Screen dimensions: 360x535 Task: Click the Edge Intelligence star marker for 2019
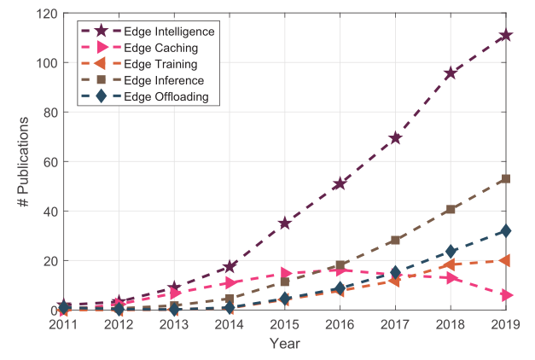[x=506, y=35]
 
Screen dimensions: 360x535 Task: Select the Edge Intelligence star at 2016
[x=340, y=183]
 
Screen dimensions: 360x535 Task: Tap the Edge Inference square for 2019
[x=506, y=179]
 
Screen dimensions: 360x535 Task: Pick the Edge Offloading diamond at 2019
[x=506, y=231]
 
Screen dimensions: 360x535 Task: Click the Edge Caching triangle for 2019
[x=506, y=295]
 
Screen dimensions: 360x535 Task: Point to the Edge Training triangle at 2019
[x=506, y=260]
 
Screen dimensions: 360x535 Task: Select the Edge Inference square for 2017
[x=395, y=241]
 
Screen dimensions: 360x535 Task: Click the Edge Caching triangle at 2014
[x=230, y=282]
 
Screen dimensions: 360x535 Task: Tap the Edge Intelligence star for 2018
[x=451, y=73]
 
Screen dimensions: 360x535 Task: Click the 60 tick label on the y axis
[x=49, y=162]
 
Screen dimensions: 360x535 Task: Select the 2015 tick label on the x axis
[x=285, y=324]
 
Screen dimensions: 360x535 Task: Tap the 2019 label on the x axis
[x=505, y=324]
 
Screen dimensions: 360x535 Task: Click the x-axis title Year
[x=285, y=343]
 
